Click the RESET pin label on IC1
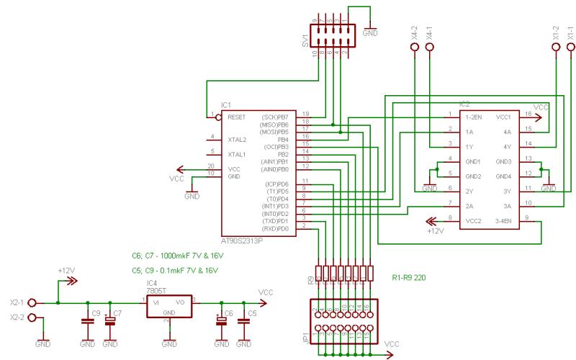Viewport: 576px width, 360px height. (x=237, y=116)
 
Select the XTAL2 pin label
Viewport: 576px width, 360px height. (x=237, y=139)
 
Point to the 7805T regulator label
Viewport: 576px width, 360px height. (x=158, y=291)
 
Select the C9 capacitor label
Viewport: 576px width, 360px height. (x=96, y=313)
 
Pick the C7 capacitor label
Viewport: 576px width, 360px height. (x=118, y=313)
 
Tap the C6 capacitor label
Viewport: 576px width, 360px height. (x=229, y=313)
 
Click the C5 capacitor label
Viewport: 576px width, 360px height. (x=252, y=313)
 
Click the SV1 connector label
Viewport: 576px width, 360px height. (x=305, y=41)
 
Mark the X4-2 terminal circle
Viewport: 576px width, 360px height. (x=415, y=48)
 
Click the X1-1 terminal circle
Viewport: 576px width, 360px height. (x=570, y=48)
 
